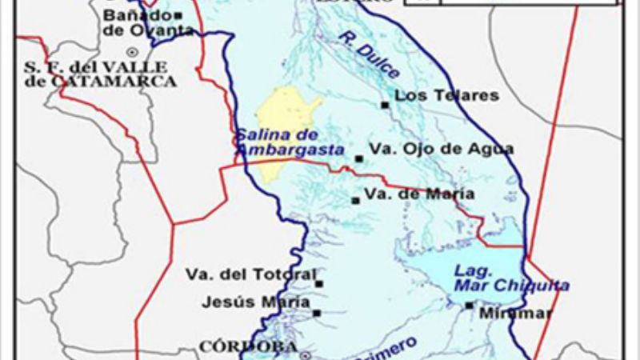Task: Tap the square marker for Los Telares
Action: [x=385, y=105]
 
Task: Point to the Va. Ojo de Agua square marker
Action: [x=358, y=158]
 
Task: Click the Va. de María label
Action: [x=419, y=194]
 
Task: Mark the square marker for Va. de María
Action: [x=355, y=200]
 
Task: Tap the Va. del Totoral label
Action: [x=250, y=274]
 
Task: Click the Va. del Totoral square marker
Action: [x=318, y=283]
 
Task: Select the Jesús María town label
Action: [x=245, y=302]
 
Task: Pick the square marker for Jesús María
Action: [x=317, y=313]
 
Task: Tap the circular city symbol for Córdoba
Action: [x=304, y=354]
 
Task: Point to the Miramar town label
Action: [x=516, y=314]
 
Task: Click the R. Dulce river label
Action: [x=367, y=54]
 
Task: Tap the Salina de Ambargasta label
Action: [x=288, y=142]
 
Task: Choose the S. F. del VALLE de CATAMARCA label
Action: [x=101, y=74]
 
